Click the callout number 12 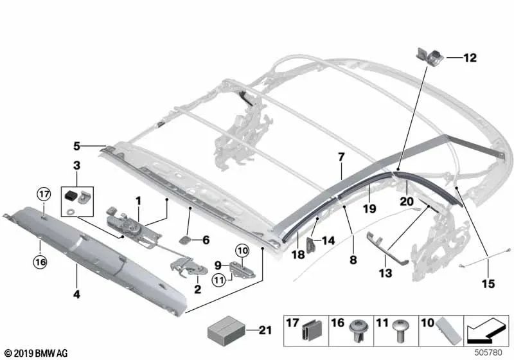pos(470,58)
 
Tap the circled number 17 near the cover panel pos(44,194)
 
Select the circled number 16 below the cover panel pos(40,262)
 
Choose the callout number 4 pos(76,294)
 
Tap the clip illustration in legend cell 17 pos(312,330)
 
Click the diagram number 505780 pos(488,353)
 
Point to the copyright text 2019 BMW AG pos(37,353)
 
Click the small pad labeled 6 pos(184,240)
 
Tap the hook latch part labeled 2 pos(188,266)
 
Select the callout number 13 pos(385,273)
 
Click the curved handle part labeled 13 pos(386,250)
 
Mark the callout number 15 pos(488,283)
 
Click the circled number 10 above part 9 pos(242,251)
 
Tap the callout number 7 pos(341,157)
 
